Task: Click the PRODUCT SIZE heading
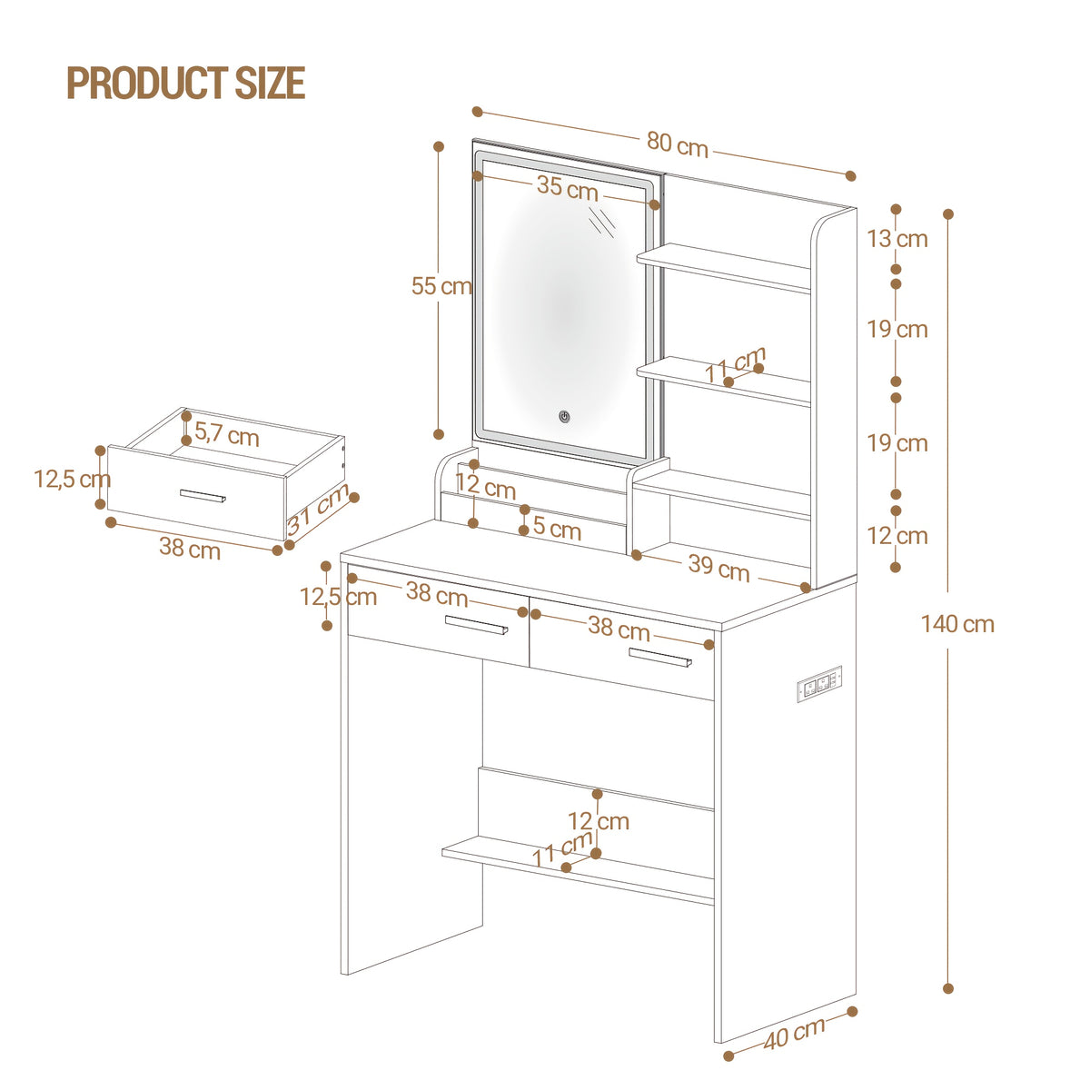186,83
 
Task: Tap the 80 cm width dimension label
677,144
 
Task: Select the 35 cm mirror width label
568,187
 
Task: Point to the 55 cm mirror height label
441,286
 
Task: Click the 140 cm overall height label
957,624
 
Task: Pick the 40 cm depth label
794,1033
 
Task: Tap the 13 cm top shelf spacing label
897,239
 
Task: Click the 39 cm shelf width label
718,568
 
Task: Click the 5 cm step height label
557,528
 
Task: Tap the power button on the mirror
564,417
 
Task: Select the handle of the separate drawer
203,496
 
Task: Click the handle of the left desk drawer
476,624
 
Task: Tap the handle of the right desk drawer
660,658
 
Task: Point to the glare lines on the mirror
602,220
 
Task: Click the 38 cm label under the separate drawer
190,548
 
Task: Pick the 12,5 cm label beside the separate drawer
73,479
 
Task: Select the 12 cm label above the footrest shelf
599,821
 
